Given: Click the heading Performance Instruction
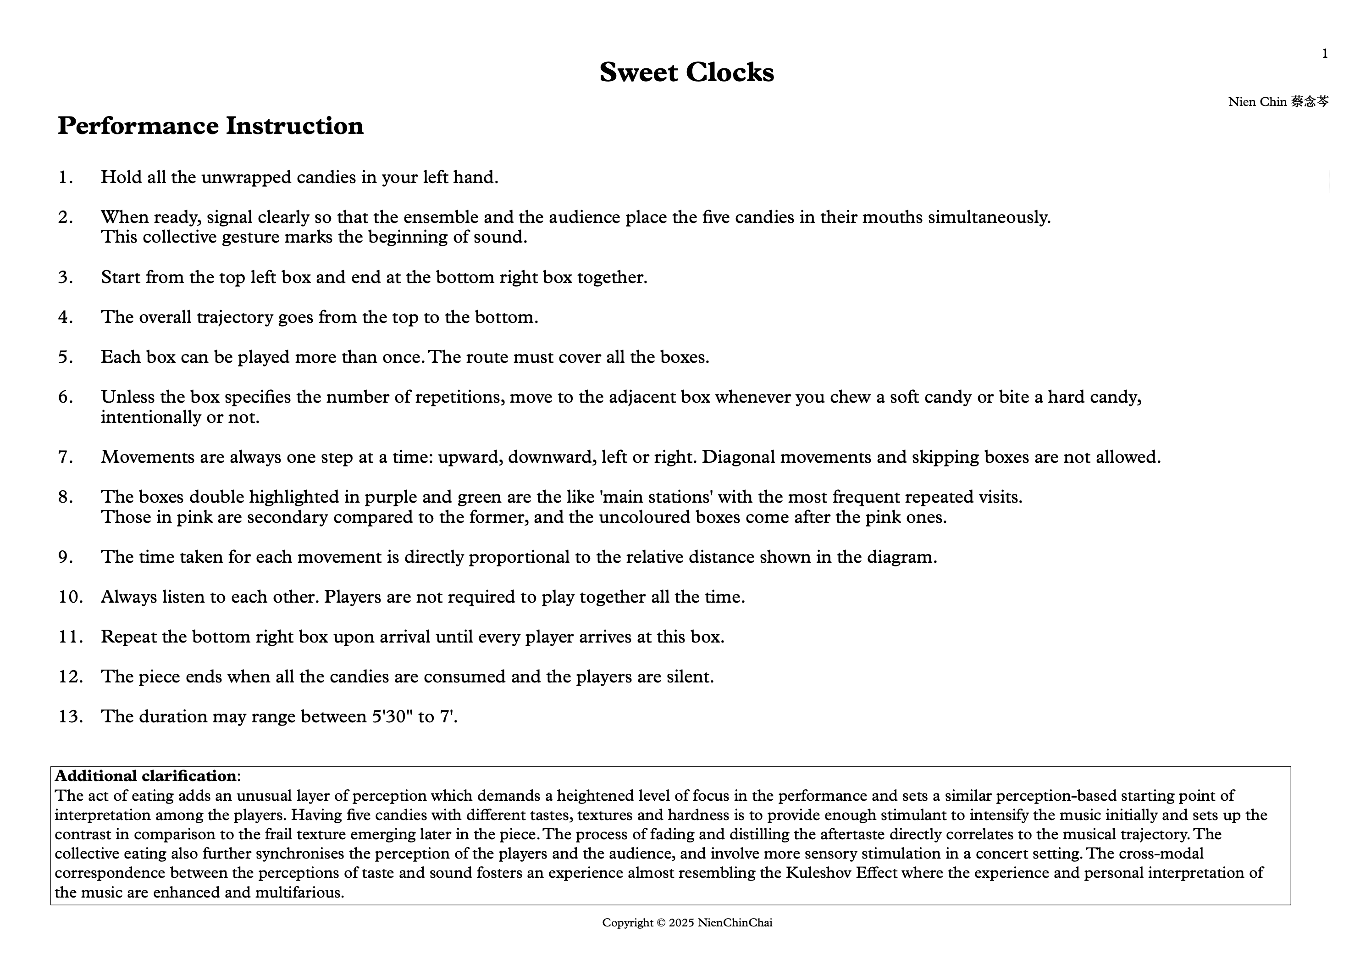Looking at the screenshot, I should point(210,126).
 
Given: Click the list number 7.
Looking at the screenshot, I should point(65,457).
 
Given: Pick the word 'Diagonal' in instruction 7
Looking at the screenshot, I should point(738,457).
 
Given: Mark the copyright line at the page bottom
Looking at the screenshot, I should point(687,923).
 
